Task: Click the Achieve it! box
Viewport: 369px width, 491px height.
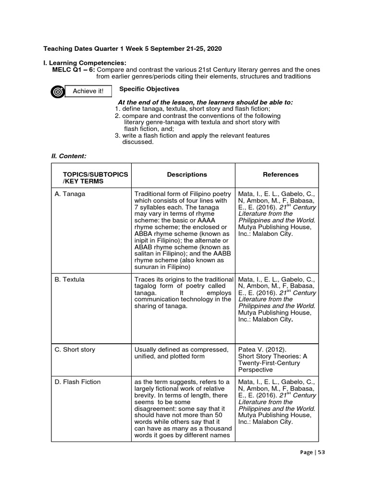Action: point(88,91)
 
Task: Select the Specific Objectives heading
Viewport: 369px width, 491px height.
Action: point(149,89)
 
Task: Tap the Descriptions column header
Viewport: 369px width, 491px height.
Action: point(187,175)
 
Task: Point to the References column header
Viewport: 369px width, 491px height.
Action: point(281,175)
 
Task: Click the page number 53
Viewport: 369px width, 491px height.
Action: point(321,452)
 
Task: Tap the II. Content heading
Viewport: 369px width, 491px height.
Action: point(69,156)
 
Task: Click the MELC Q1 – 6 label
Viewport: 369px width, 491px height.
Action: point(74,70)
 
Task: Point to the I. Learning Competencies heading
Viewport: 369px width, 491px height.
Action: point(85,63)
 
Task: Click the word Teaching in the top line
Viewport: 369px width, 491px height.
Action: point(57,49)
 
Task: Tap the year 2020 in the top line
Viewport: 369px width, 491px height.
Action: point(214,49)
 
